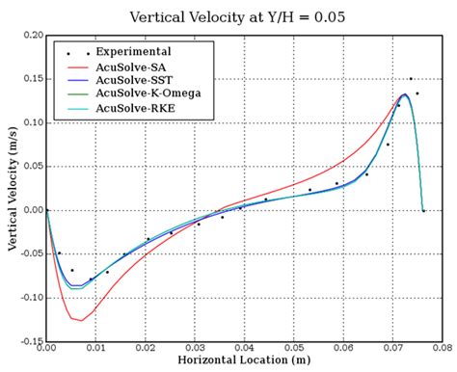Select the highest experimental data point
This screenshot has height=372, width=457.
411,79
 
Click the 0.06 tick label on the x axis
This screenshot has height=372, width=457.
343,348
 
